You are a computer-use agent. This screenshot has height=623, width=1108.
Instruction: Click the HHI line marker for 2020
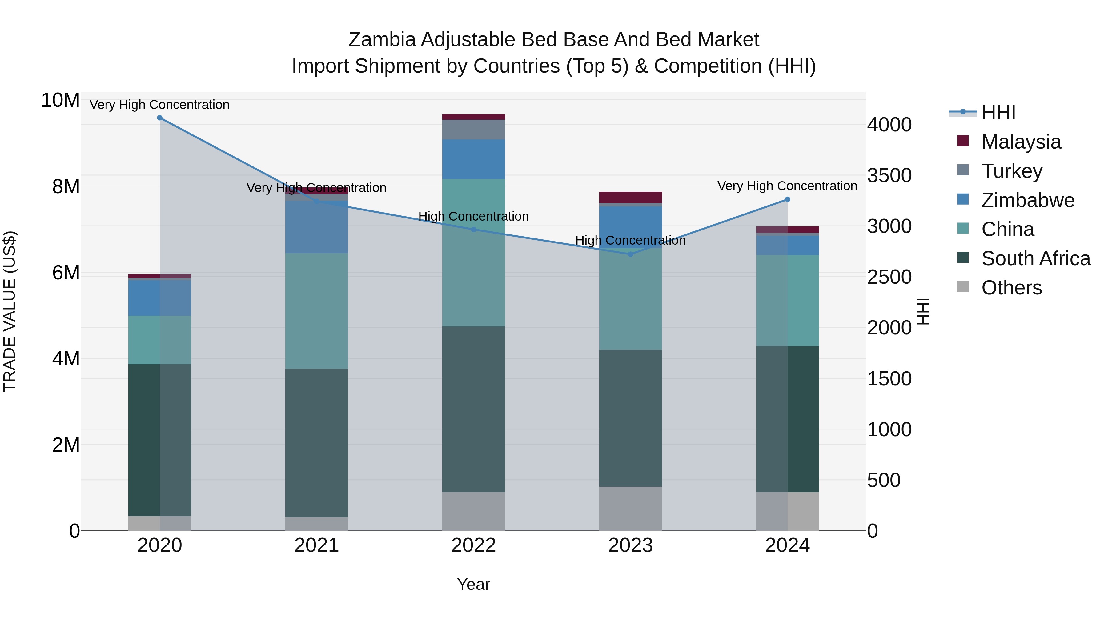(x=159, y=118)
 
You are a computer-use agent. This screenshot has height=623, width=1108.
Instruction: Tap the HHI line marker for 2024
(x=787, y=199)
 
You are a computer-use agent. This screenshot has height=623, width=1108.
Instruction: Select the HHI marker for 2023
(x=630, y=254)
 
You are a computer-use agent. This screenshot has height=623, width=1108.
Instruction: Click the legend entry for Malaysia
(x=1021, y=142)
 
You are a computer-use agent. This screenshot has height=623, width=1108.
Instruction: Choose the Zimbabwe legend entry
(x=1028, y=200)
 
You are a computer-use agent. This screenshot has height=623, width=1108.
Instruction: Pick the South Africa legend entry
(x=1035, y=259)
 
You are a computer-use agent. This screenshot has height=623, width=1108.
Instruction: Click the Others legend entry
(x=1011, y=288)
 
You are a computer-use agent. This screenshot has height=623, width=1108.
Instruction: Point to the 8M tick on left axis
(x=65, y=187)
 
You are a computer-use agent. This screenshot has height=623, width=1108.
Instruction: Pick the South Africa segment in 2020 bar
(x=159, y=440)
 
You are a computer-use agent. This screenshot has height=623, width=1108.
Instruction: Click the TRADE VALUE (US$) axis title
(x=10, y=311)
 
